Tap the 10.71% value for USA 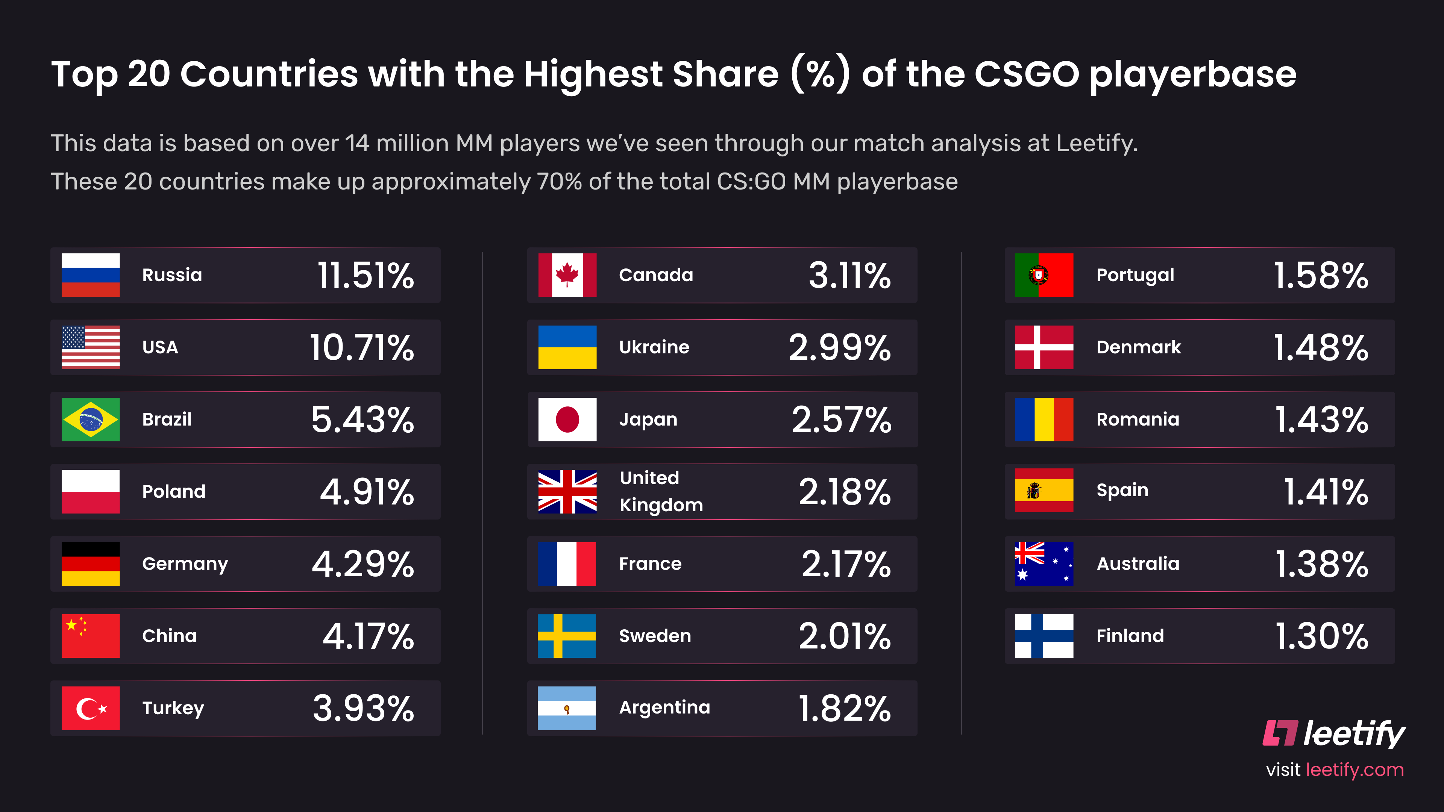(361, 347)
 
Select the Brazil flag (90, 419)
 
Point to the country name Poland (174, 491)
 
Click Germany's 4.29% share (363, 564)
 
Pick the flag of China (90, 635)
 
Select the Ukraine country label (654, 347)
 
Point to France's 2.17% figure (845, 564)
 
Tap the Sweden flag (566, 635)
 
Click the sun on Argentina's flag (567, 709)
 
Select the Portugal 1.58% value (1321, 276)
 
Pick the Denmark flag (1044, 347)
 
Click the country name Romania (1138, 419)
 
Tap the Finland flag (1044, 635)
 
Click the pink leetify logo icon (1280, 733)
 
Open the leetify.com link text (1354, 770)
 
